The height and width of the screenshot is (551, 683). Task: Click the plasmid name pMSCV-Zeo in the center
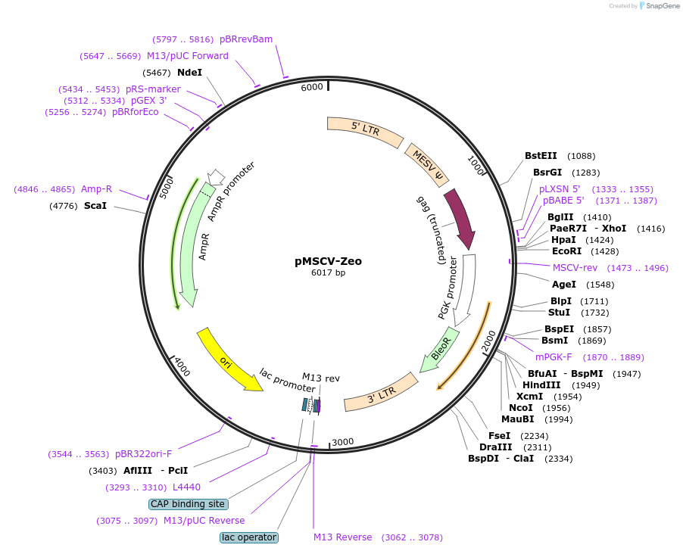click(x=328, y=261)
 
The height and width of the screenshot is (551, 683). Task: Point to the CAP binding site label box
click(x=189, y=504)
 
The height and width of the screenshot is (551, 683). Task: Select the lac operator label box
click(x=249, y=537)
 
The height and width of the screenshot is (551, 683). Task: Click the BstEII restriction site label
click(x=541, y=156)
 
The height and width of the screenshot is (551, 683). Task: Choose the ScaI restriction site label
click(x=95, y=205)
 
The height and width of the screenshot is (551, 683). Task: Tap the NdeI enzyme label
click(x=189, y=73)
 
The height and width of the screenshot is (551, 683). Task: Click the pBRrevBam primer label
click(x=246, y=39)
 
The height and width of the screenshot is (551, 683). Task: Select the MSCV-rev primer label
click(x=575, y=268)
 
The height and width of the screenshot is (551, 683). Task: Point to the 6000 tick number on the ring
click(x=312, y=87)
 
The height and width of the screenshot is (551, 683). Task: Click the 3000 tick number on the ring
click(x=343, y=442)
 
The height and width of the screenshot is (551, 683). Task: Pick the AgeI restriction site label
click(x=564, y=285)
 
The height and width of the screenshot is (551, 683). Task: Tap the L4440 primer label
click(x=186, y=487)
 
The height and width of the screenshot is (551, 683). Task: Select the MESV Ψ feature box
click(x=426, y=165)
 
